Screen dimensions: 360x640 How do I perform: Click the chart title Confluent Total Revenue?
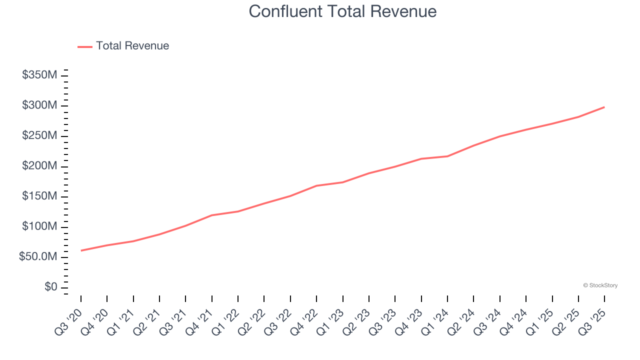point(342,11)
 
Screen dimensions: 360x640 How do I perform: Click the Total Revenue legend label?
point(132,46)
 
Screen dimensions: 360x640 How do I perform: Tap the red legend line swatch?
point(85,46)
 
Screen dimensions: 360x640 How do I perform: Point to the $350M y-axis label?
point(39,75)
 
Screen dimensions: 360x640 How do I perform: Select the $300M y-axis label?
point(39,105)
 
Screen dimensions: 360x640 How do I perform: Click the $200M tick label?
point(39,166)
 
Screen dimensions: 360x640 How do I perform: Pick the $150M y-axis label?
point(39,196)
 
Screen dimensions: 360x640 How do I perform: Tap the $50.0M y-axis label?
point(38,257)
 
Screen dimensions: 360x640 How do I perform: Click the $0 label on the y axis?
point(50,287)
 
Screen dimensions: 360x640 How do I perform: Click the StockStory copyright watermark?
point(600,285)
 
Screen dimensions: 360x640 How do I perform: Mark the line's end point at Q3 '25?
point(604,107)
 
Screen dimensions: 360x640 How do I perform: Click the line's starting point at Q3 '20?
point(81,250)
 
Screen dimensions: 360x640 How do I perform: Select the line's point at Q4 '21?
point(212,215)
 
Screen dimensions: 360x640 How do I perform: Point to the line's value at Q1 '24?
point(447,156)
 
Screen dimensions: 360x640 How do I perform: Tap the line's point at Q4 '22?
point(316,185)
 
